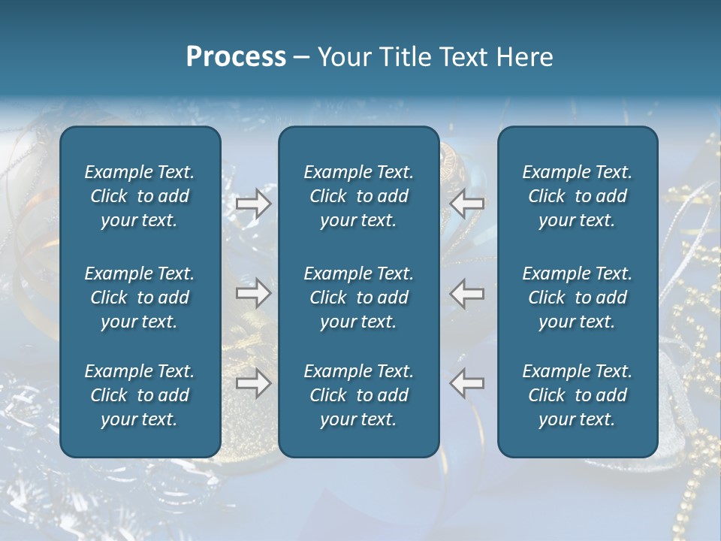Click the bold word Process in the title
(236, 57)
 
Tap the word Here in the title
(523, 57)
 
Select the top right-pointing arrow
(253, 204)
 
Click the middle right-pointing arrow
(253, 293)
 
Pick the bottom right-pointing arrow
(253, 383)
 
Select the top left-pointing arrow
(466, 204)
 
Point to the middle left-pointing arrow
(466, 293)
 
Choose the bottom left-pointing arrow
(466, 383)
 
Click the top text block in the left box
(140, 196)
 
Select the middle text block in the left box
(140, 298)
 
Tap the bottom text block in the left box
(140, 395)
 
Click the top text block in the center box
(358, 196)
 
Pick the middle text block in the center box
(358, 298)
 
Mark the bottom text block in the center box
(358, 395)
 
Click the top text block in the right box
(577, 196)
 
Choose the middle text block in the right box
(577, 298)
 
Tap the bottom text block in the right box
(577, 395)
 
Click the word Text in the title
(463, 57)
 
